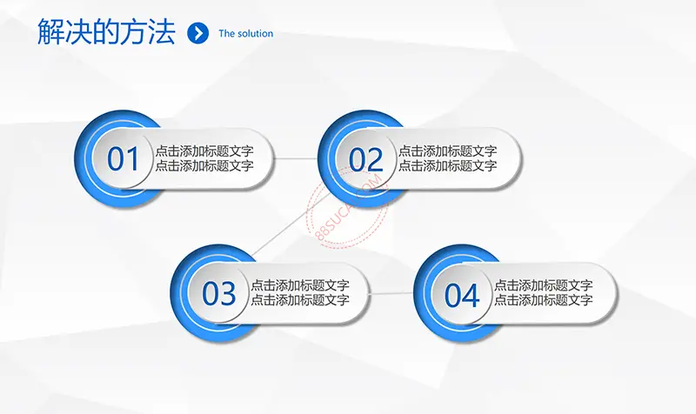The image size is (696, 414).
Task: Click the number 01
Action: (x=123, y=159)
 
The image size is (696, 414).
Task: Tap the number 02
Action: (x=365, y=160)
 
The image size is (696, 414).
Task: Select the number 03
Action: (x=219, y=294)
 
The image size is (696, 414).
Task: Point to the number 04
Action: (x=462, y=295)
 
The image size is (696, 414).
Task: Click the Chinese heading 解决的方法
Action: (x=106, y=32)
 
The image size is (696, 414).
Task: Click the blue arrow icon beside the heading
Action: (x=198, y=33)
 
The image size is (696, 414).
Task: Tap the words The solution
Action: (x=246, y=34)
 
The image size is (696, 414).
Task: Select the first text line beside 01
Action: (x=204, y=150)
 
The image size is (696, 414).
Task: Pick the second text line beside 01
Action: (x=204, y=165)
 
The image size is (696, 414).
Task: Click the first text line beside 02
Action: (x=447, y=150)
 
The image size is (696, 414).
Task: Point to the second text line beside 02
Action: (x=447, y=165)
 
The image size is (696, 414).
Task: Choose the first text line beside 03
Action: (x=300, y=285)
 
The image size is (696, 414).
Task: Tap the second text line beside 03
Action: (x=300, y=299)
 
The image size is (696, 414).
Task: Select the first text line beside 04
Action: (x=543, y=285)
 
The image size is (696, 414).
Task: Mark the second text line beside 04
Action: (x=543, y=299)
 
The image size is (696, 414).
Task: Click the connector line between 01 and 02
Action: (x=296, y=158)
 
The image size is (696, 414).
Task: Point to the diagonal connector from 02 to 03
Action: (x=291, y=224)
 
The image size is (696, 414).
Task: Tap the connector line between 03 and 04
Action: (x=391, y=293)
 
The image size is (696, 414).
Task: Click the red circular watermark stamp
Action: (x=348, y=207)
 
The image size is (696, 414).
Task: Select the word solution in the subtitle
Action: (x=255, y=34)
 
